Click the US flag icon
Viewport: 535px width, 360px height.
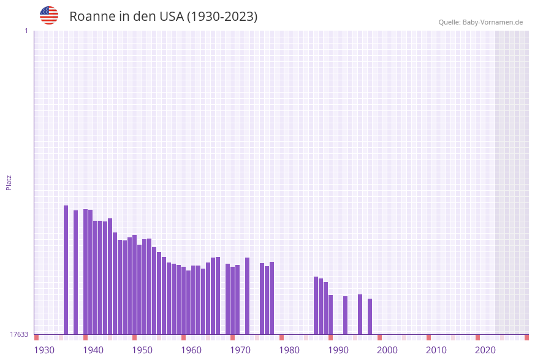coord(49,15)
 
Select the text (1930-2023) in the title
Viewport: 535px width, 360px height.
coord(222,17)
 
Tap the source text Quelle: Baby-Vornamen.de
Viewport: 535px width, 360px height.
coord(480,22)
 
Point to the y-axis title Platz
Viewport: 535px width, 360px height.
coord(9,182)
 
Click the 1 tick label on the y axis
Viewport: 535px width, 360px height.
coord(26,31)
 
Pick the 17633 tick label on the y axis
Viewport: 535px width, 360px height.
coord(19,334)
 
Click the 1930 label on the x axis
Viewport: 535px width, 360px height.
coord(44,350)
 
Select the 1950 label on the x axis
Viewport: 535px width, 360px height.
coord(142,350)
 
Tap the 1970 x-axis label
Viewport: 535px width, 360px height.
coord(240,350)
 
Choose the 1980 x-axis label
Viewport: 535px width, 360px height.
coord(289,350)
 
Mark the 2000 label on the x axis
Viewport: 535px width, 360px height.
coord(387,350)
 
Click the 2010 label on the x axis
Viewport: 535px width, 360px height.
coord(436,350)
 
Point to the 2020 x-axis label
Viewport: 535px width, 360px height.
coord(485,350)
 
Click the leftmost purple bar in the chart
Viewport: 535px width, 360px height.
coord(66,270)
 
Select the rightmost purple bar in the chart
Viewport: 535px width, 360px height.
coord(370,316)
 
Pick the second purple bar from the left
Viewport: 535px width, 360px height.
coord(76,272)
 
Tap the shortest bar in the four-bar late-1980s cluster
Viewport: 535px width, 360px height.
coord(331,315)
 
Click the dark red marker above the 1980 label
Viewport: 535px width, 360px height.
coord(282,337)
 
